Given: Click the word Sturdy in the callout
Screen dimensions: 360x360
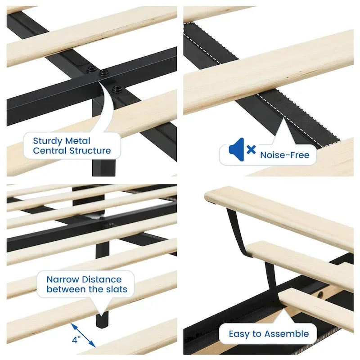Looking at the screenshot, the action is coord(48,141).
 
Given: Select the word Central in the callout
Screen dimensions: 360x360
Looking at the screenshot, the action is coord(50,151).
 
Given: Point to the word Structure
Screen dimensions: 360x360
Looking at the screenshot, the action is coord(90,151).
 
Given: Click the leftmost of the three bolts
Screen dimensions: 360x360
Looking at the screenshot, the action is coord(92,69).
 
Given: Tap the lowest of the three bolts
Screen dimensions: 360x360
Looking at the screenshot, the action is coord(117,89).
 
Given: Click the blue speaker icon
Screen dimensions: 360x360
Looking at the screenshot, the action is coord(237,149).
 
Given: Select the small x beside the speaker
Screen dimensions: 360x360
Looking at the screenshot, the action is coord(251,149).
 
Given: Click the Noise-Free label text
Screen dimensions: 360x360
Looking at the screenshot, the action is coord(285,155).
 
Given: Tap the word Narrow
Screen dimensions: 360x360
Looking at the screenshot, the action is coord(63,279).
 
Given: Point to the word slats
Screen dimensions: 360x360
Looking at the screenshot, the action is coord(117,289).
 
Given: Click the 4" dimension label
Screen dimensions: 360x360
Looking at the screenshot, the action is coord(76,340).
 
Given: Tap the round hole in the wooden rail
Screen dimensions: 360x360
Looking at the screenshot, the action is coord(320,294).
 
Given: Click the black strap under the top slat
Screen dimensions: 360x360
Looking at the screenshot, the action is coord(237,232).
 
